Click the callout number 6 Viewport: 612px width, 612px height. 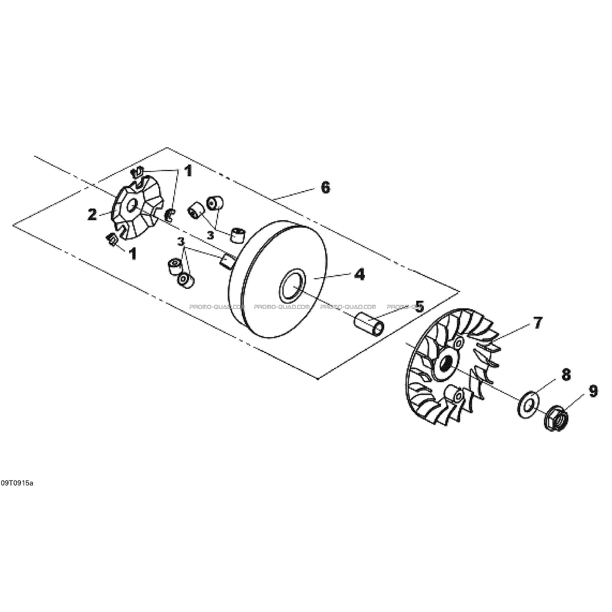pyautogui.click(x=325, y=188)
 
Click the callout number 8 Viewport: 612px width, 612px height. pyautogui.click(x=566, y=375)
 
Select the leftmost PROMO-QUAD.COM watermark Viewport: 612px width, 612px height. pyautogui.click(x=217, y=307)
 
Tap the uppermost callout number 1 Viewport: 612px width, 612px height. pyautogui.click(x=188, y=171)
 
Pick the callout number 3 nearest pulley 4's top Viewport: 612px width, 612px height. pyautogui.click(x=211, y=235)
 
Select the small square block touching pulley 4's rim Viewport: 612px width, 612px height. pyautogui.click(x=227, y=252)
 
